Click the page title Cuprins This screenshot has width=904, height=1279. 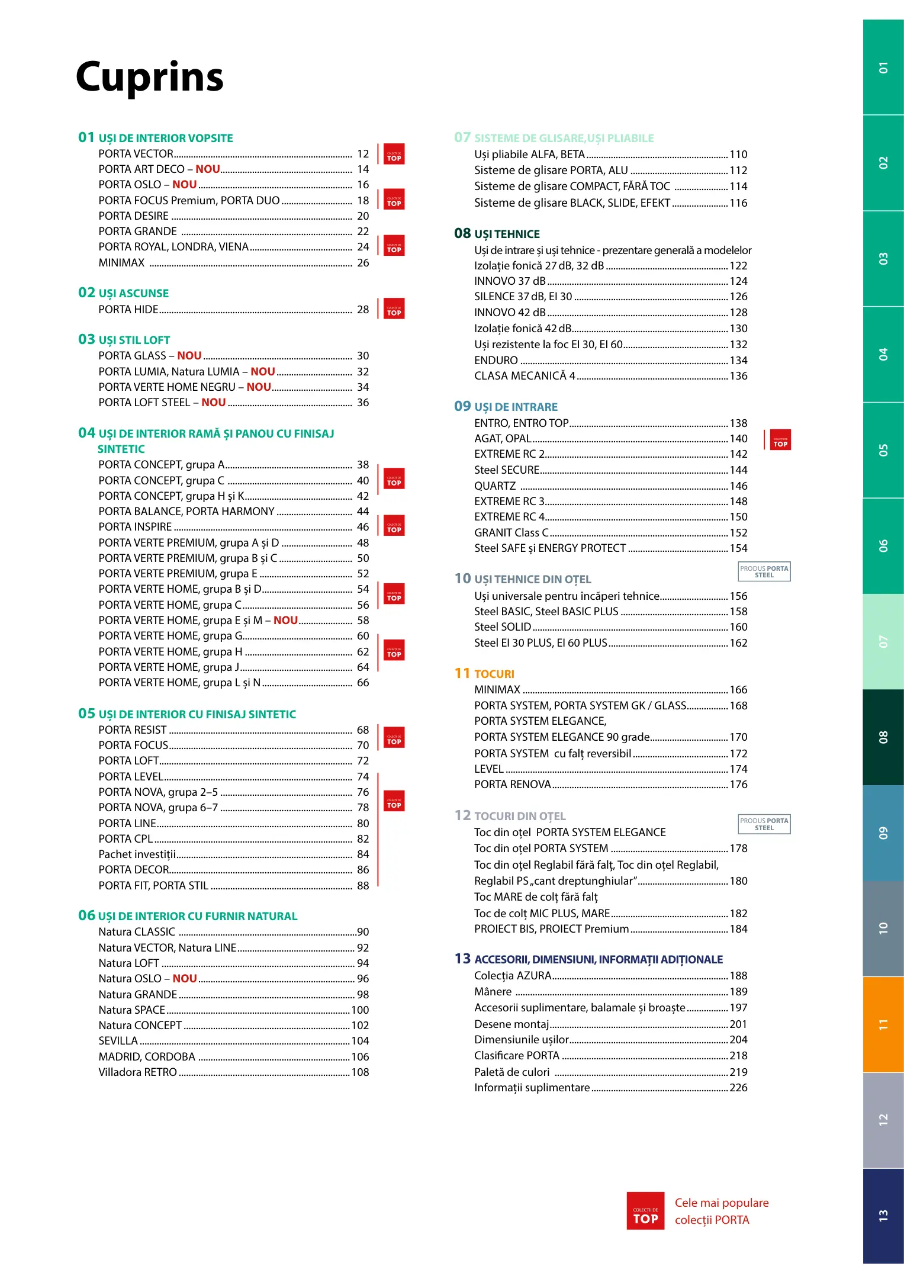click(150, 77)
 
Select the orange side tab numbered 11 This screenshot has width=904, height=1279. click(883, 1024)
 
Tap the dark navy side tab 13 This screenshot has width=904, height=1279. click(883, 1216)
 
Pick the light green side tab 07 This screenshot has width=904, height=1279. click(883, 641)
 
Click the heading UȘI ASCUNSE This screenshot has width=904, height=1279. click(133, 294)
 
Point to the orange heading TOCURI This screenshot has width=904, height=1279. click(494, 674)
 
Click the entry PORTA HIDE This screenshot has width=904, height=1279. click(128, 310)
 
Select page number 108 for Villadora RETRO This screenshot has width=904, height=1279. click(360, 1072)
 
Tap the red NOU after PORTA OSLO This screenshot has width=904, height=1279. click(184, 185)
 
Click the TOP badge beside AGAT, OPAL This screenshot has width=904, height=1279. click(780, 440)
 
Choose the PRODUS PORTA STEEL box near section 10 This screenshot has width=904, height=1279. click(764, 571)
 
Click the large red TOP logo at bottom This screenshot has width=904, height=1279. click(645, 1211)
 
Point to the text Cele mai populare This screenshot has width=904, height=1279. click(721, 1203)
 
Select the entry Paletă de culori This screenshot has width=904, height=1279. click(511, 1072)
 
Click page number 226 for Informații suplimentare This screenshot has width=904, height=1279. click(738, 1088)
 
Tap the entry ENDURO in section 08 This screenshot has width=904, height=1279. click(496, 361)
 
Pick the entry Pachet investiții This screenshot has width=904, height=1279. click(137, 854)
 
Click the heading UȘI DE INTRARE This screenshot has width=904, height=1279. click(516, 407)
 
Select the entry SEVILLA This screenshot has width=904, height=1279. click(118, 1041)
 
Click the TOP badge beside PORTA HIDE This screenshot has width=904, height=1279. click(394, 309)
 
